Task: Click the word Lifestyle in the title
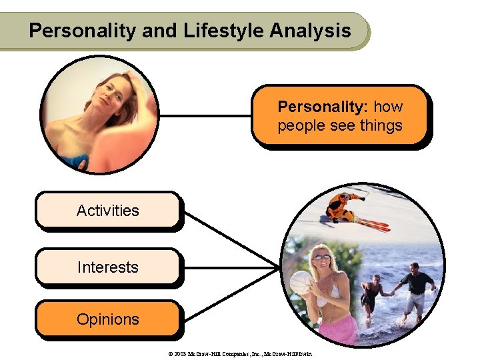(216, 31)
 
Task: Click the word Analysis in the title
(310, 31)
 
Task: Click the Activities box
(108, 211)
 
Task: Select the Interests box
(108, 267)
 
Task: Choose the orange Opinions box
(108, 319)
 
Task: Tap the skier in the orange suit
(342, 206)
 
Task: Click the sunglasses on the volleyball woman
(321, 257)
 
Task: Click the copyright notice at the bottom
(240, 353)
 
